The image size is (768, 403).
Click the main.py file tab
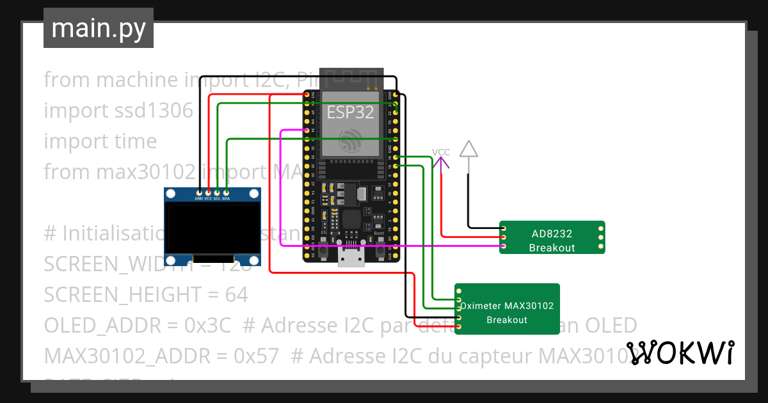point(98,28)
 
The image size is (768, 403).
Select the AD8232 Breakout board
point(552,237)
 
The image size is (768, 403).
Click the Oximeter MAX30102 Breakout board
point(507,309)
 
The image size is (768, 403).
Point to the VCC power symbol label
point(440,152)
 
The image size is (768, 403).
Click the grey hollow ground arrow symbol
point(469,149)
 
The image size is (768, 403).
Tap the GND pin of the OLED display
point(199,193)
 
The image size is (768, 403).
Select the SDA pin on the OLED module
point(226,193)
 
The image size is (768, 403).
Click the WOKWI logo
point(680,353)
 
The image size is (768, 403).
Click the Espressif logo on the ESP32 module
point(351,139)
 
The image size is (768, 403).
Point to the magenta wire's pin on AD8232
point(504,246)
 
